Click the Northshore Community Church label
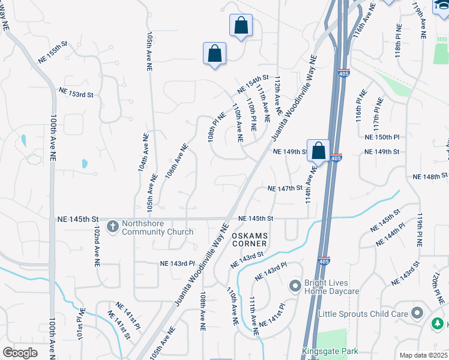pos(157,227)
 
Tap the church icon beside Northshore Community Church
pos(112,227)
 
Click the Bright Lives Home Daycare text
pos(331,287)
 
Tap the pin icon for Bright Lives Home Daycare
pos(295,286)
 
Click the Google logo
pos(20,353)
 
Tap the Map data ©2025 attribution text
pos(423,355)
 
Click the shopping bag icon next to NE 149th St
pos(318,150)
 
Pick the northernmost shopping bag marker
pos(241,25)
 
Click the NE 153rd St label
pos(76,93)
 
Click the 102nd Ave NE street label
pos(96,246)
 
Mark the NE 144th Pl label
pos(390,238)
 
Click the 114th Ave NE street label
pos(310,184)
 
